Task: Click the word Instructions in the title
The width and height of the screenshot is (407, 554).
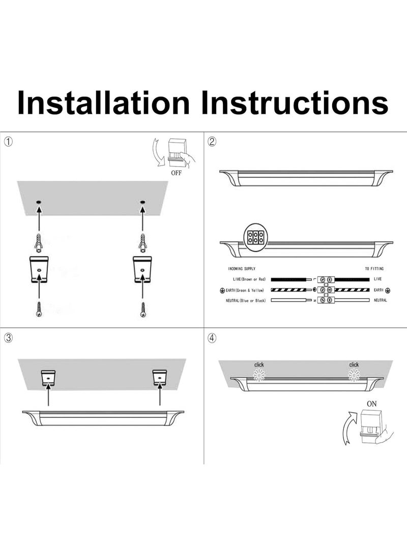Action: (x=295, y=103)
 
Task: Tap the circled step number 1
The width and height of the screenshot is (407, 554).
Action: (x=9, y=142)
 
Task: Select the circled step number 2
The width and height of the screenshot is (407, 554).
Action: (x=212, y=142)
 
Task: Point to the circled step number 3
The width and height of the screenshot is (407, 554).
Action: (x=9, y=337)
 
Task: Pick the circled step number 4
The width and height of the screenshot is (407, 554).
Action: (x=212, y=337)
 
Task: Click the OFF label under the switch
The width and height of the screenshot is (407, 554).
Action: (x=176, y=173)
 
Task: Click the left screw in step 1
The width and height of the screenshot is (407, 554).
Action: (x=39, y=309)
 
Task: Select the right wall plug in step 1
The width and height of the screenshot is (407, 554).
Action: (x=142, y=244)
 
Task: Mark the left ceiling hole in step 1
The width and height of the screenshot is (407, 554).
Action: (x=39, y=203)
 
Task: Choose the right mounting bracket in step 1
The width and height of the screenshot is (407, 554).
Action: (x=142, y=269)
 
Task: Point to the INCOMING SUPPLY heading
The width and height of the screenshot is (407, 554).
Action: (x=241, y=269)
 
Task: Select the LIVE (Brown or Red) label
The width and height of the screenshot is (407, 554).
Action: (x=246, y=279)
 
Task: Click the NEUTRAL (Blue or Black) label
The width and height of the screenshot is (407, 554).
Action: (x=246, y=300)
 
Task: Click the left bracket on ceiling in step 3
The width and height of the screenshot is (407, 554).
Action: (x=48, y=377)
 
